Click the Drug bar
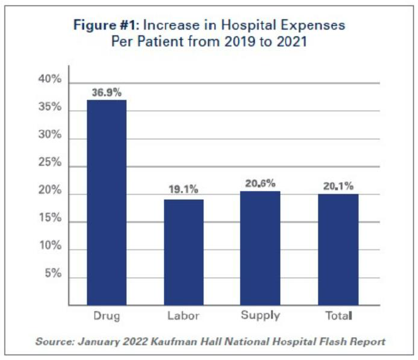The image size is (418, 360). pos(106,202)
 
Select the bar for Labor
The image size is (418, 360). pos(183,252)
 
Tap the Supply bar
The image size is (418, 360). pos(260,248)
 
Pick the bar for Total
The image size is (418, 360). pos(338,249)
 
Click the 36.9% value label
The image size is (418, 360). pos(106,92)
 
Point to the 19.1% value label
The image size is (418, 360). pos(183,191)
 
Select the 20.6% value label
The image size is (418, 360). pos(260,183)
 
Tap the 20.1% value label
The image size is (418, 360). pos(338,186)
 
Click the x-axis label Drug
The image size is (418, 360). pos(106,316)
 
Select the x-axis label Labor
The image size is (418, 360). pos(183,316)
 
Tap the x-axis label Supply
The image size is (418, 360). pos(260,316)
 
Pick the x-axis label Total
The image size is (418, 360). pos(338,316)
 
